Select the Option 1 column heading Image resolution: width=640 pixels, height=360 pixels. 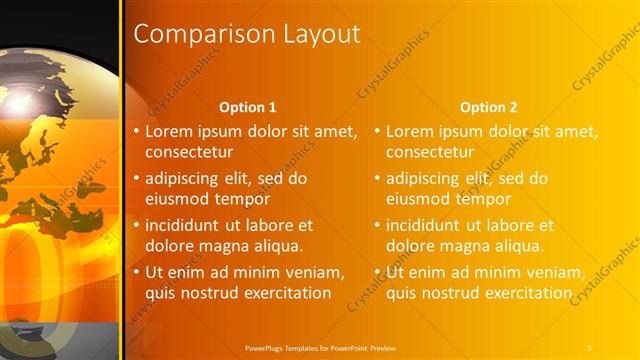coord(247,107)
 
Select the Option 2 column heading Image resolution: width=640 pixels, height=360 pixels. coord(488,107)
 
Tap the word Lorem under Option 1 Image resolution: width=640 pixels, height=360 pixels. coord(171,131)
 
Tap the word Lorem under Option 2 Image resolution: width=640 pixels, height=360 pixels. coord(412,131)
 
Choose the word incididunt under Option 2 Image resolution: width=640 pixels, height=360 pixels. coord(429,225)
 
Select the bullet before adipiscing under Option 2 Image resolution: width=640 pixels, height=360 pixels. coord(378,179)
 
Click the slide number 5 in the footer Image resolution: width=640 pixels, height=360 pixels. coord(590,346)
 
